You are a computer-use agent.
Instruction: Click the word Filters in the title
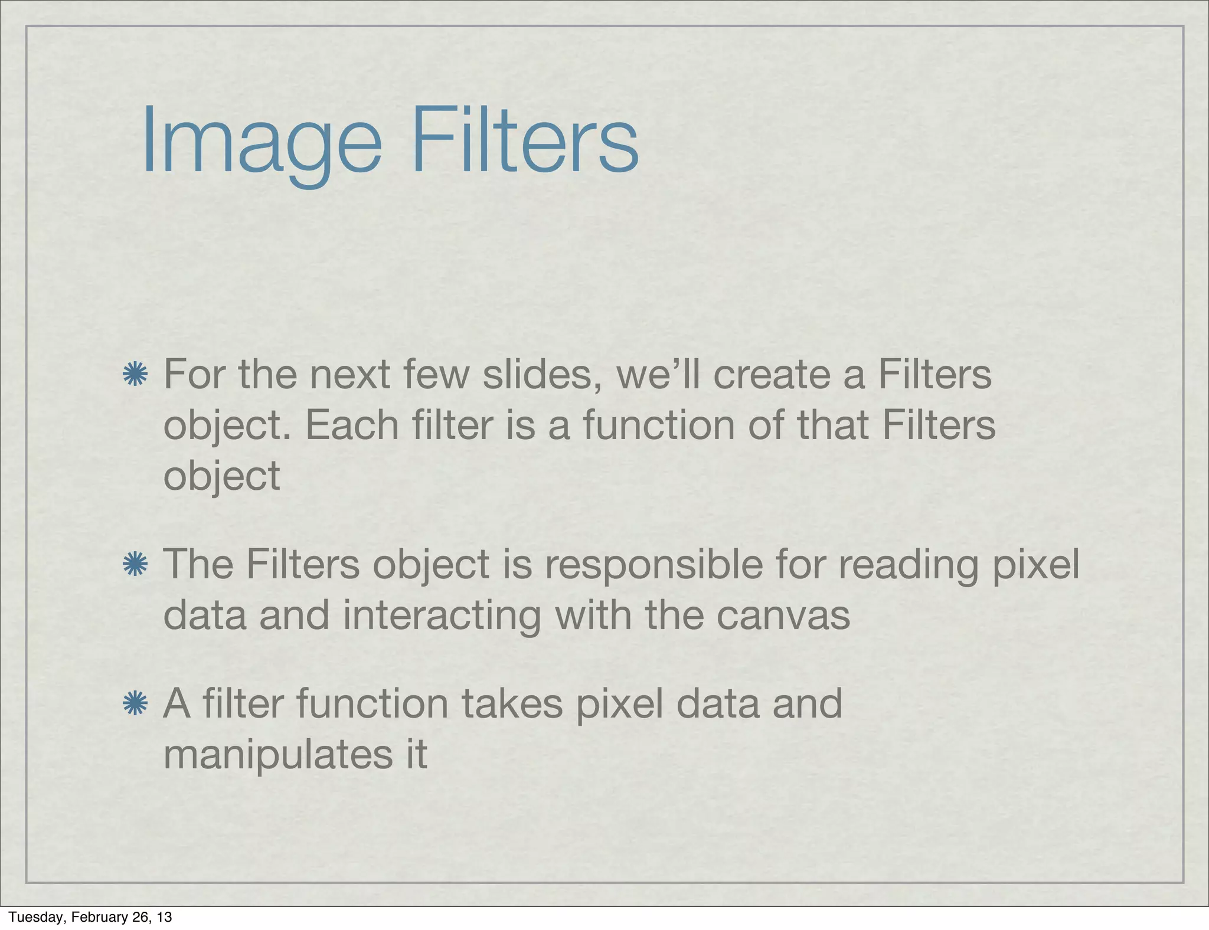[525, 142]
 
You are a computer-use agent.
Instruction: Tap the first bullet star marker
[135, 375]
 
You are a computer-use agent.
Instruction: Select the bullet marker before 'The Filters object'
[135, 565]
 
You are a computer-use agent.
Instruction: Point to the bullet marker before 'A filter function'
[135, 703]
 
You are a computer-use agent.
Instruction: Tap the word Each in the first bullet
[352, 425]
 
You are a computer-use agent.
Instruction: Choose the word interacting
[442, 615]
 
